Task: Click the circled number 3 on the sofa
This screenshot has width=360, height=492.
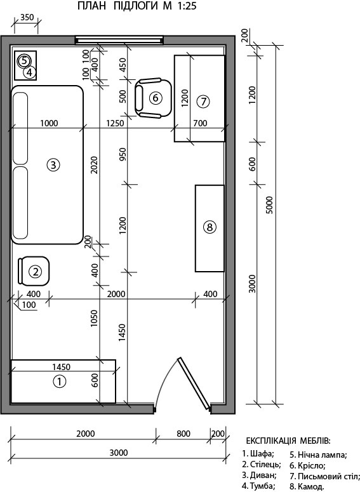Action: point(53,164)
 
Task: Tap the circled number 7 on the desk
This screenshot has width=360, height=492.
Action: point(203,102)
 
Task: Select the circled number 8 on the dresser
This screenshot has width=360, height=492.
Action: point(210,227)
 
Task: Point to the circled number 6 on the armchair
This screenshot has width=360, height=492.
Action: point(156,98)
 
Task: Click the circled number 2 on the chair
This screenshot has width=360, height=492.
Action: point(35,272)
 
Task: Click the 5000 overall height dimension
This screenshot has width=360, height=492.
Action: point(269,205)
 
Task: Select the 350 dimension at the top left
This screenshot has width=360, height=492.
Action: point(27,18)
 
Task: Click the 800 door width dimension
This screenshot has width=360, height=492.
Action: point(183,434)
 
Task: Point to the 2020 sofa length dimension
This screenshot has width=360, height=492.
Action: point(95,165)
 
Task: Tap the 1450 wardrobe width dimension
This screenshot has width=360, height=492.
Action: point(61,366)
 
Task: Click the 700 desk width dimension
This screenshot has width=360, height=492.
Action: point(200,123)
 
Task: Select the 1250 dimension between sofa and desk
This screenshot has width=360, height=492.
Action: point(115,123)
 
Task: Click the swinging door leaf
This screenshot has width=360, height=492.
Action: point(194,383)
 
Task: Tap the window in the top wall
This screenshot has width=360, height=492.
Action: point(119,40)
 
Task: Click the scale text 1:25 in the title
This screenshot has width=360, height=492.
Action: point(187,6)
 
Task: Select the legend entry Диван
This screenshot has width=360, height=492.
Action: point(259,475)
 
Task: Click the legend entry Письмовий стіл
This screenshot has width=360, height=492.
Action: point(324,476)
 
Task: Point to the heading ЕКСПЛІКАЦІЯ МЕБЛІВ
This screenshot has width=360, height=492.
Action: point(288,441)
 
